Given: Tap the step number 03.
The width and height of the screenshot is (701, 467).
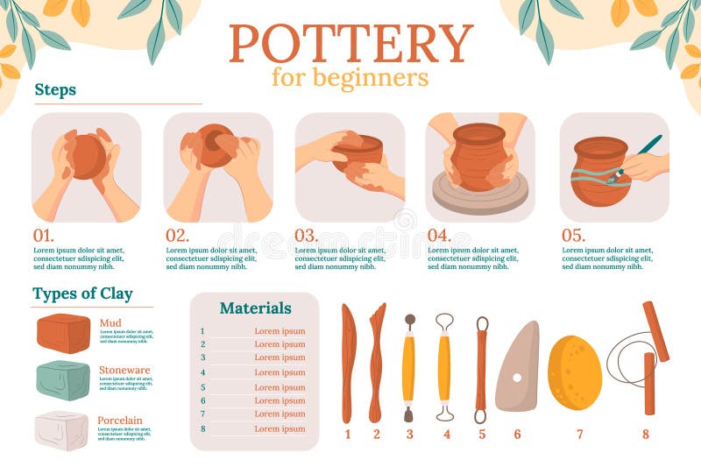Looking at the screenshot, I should [306, 235].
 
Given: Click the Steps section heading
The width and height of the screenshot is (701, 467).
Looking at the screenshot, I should [55, 89].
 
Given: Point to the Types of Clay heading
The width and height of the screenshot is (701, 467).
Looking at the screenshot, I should [82, 294].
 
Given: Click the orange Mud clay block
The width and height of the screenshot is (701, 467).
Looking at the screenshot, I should [63, 333].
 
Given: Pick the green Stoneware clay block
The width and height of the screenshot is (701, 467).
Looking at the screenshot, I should [63, 380].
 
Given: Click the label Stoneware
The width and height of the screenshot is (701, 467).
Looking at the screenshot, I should [124, 370].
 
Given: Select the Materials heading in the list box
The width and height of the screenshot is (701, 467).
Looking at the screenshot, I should [255, 308].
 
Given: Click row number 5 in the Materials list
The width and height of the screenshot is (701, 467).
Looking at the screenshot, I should [202, 387].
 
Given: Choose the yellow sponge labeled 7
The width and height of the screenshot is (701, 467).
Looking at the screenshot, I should [575, 372].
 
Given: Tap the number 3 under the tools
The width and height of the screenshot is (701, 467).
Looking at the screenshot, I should [408, 434].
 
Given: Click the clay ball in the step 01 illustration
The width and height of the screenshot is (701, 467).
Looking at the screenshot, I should [87, 156].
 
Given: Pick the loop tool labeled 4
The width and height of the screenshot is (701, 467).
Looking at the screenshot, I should [445, 366].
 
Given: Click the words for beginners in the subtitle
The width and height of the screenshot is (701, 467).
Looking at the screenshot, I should [350, 77].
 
